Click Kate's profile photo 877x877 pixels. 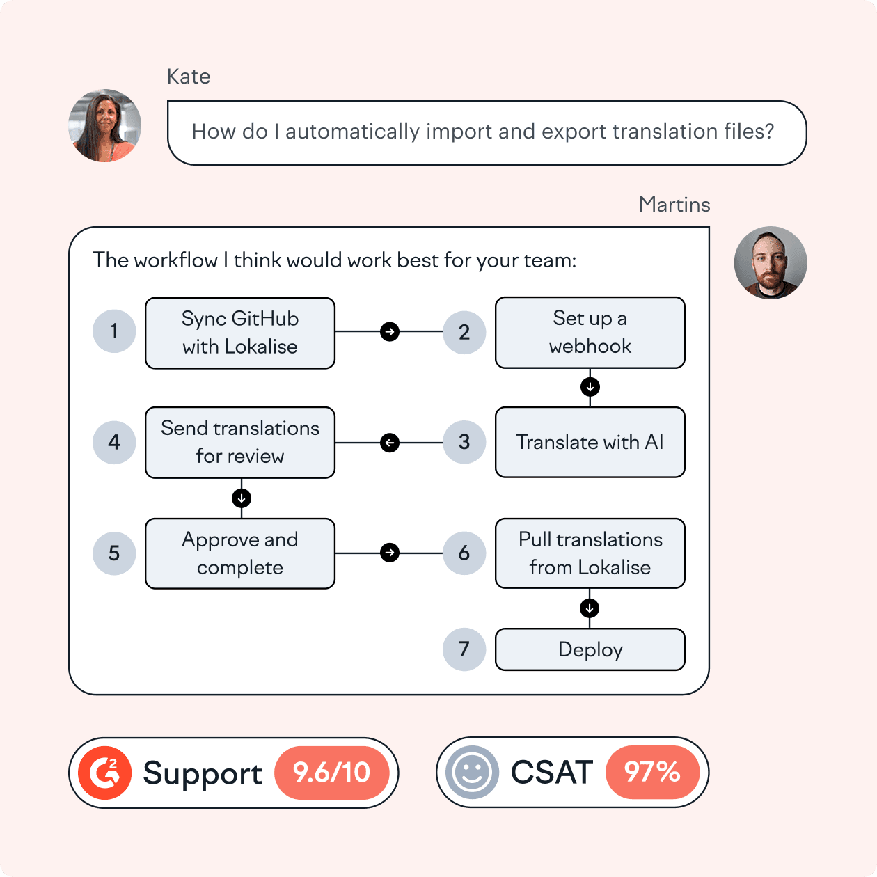105,126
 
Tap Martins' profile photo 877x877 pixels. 771,263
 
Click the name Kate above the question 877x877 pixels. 189,77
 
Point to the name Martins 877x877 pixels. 674,205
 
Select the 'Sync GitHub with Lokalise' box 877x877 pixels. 240,333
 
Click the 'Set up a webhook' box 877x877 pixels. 590,332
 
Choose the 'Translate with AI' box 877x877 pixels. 590,442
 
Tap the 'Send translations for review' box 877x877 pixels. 240,442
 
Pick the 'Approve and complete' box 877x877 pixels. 240,553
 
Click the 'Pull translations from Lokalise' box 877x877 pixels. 590,553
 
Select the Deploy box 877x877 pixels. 590,649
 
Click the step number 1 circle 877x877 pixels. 114,331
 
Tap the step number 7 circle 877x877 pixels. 464,649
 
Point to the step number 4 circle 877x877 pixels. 114,442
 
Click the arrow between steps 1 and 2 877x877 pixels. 390,331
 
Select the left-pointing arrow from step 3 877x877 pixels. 390,442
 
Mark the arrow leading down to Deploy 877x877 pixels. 590,608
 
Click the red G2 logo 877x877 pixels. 105,773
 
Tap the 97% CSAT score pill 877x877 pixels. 652,772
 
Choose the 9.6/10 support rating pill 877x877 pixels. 331,773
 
